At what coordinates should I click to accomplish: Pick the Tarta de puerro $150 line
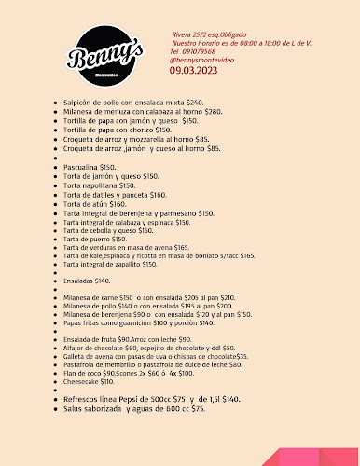93,239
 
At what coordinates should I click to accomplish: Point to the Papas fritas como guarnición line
134,322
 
